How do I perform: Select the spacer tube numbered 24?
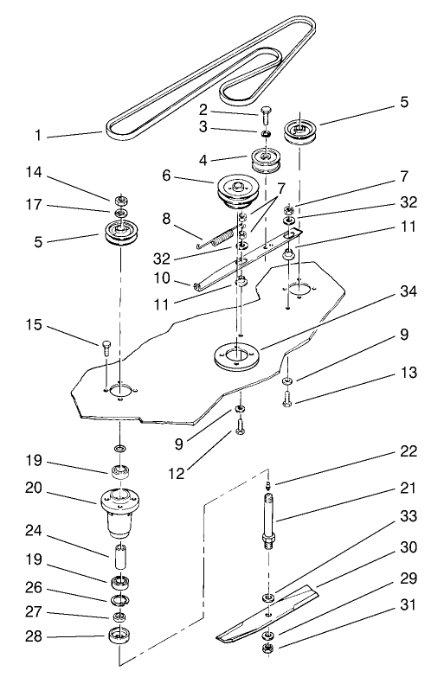(119, 553)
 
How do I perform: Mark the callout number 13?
(409, 374)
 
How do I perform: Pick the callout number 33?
(409, 515)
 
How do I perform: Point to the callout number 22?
(409, 450)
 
